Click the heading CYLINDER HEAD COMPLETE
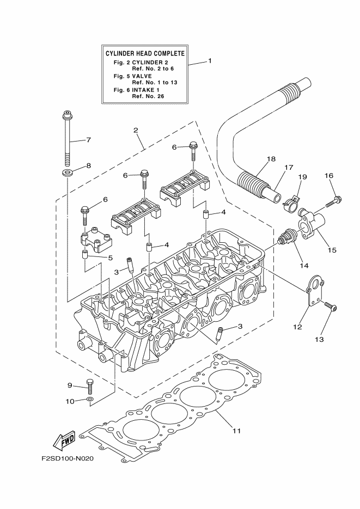144,53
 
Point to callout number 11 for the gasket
236,431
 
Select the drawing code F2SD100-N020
68,458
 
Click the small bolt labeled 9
90,387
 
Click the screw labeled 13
329,307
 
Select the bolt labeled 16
333,202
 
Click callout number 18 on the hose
271,160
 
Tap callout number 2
135,130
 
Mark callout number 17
289,168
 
